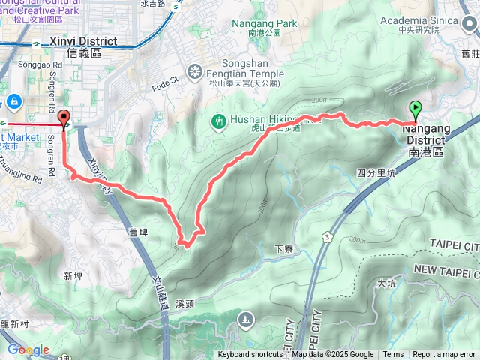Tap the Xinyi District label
coord(82,41)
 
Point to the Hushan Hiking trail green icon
coord(220,120)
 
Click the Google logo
coord(28,349)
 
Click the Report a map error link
coord(444,355)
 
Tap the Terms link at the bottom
coord(393,355)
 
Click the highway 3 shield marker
coord(328,237)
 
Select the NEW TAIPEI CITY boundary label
coord(445,269)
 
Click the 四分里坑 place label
coord(376,173)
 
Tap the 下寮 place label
coord(283,249)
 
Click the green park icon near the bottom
coord(246,321)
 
